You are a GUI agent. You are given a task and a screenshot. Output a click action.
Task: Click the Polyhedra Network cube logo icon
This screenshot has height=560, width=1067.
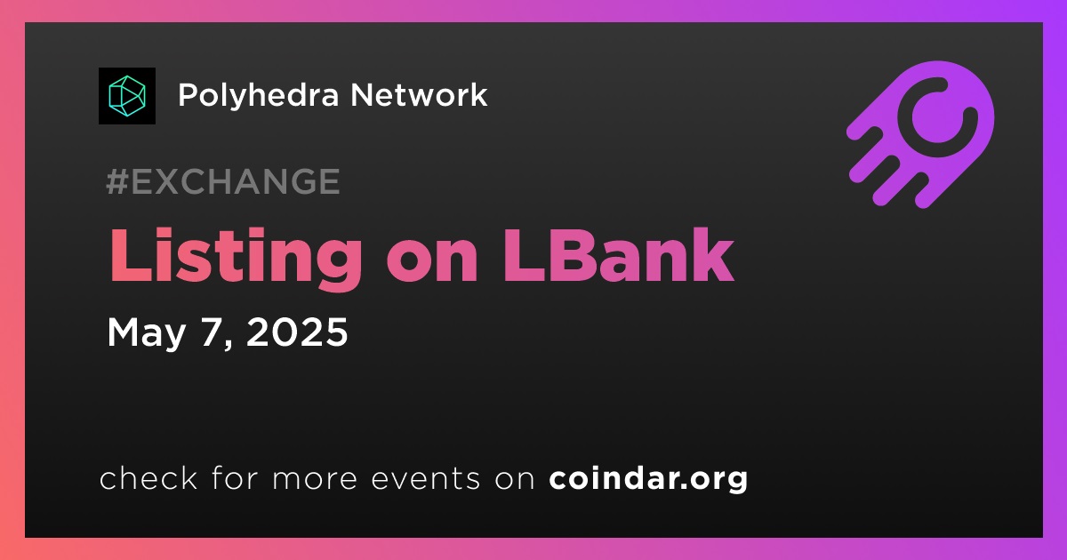click(126, 96)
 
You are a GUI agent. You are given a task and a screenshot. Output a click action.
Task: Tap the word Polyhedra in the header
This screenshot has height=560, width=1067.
click(259, 96)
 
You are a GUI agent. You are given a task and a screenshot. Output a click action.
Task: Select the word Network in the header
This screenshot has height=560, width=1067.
click(419, 95)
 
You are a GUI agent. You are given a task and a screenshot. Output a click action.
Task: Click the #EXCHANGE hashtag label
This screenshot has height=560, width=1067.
click(223, 181)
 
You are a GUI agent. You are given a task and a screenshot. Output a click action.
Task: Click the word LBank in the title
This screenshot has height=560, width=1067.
click(619, 256)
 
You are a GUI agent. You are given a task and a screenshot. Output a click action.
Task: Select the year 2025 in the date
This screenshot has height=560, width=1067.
click(297, 332)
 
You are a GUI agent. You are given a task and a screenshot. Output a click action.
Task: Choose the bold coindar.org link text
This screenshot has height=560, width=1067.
click(648, 479)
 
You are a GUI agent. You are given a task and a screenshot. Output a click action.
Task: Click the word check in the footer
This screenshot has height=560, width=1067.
click(148, 478)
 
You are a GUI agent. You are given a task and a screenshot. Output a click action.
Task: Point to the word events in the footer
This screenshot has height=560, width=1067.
click(425, 479)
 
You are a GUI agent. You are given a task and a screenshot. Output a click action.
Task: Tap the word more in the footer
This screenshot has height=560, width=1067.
click(315, 479)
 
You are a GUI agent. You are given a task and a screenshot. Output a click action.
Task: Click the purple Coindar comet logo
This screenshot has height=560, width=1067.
click(920, 135)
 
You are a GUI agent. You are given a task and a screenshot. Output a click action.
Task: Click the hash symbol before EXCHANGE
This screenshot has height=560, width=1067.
click(117, 181)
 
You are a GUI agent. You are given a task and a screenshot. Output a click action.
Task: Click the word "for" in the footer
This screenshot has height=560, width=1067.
click(235, 477)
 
